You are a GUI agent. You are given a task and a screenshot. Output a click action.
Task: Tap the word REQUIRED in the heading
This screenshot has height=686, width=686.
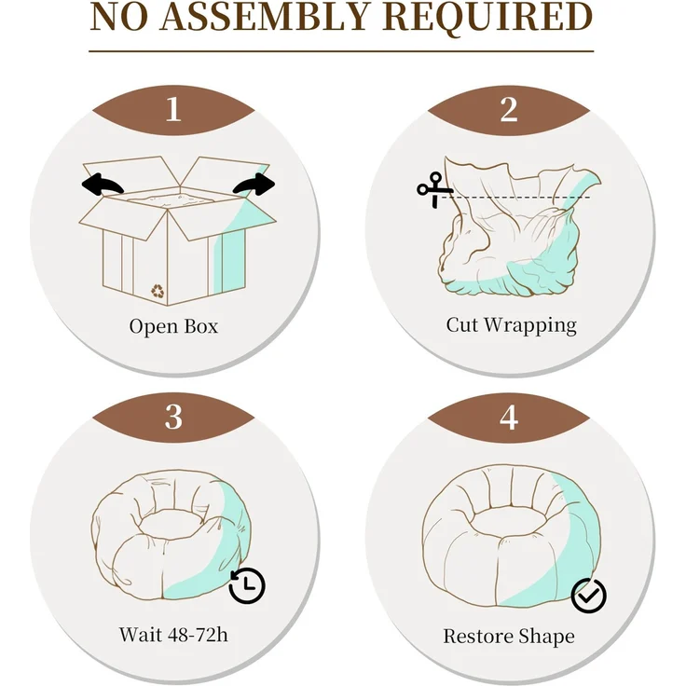point(487,18)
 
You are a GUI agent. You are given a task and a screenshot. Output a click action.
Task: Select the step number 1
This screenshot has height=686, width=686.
point(173,109)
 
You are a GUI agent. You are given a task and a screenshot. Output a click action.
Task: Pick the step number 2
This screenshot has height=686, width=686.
point(509,109)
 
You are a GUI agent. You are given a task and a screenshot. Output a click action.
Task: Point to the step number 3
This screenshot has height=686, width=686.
point(173,417)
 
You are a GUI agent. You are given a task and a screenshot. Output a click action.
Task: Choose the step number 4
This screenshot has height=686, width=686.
point(509,418)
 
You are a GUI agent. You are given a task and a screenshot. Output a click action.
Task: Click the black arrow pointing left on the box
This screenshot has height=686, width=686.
point(102,185)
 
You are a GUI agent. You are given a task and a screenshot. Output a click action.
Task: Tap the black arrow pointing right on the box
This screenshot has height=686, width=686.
point(255,185)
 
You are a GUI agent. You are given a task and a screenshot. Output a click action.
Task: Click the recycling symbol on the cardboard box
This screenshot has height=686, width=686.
point(158,291)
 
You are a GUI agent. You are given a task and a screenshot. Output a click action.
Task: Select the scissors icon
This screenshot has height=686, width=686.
point(434,189)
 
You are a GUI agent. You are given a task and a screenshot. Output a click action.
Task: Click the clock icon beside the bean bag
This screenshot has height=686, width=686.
point(247,585)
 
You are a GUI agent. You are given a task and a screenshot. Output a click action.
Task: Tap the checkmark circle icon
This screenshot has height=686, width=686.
point(589,596)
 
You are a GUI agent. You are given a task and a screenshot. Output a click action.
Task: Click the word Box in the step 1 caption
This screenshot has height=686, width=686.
point(200,326)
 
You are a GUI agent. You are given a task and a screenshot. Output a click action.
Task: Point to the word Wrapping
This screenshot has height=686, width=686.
point(530,326)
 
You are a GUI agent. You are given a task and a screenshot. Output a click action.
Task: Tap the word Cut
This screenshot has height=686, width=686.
point(462,324)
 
